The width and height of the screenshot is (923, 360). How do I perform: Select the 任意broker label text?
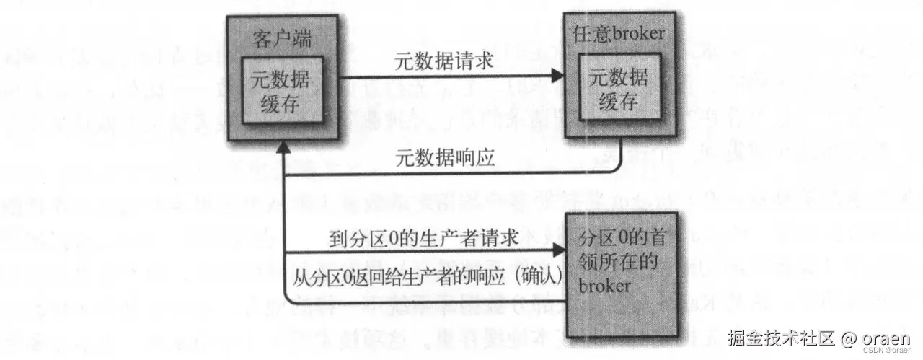coord(618,33)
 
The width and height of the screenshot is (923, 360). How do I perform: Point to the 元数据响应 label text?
coord(445,157)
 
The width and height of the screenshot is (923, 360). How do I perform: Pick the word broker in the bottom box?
coord(604,286)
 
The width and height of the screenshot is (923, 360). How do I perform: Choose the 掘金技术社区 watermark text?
coord(780,338)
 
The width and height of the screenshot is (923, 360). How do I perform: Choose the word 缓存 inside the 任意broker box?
coord(617,102)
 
